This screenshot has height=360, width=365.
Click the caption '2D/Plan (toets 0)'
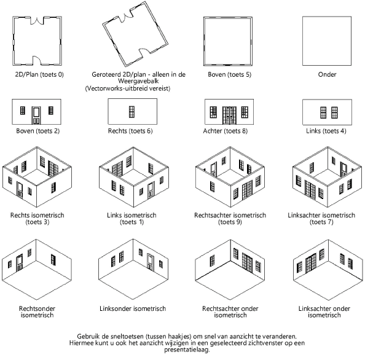(39, 74)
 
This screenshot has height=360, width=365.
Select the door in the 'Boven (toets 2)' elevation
(36, 115)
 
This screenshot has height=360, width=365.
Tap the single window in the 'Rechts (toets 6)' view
(131, 112)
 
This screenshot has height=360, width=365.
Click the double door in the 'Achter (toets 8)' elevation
(229, 115)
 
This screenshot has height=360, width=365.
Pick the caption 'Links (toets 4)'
(326, 131)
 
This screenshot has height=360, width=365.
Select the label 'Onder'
(327, 74)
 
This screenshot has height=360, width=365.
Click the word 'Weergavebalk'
(138, 81)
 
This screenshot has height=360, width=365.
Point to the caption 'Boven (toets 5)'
(230, 74)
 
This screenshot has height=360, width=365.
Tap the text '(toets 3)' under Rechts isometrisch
(37, 222)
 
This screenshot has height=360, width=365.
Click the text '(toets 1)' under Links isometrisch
(132, 222)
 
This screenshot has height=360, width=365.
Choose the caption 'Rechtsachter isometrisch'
(230, 215)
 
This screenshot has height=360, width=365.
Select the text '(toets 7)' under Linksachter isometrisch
(321, 222)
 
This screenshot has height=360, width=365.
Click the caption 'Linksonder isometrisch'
(133, 308)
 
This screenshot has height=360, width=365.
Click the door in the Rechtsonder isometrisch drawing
(19, 263)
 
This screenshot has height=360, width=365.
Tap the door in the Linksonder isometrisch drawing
(151, 262)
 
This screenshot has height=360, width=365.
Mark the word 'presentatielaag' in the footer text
(186, 350)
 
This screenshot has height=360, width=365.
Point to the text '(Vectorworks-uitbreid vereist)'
(128, 88)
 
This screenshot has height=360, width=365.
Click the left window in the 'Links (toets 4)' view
(323, 112)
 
